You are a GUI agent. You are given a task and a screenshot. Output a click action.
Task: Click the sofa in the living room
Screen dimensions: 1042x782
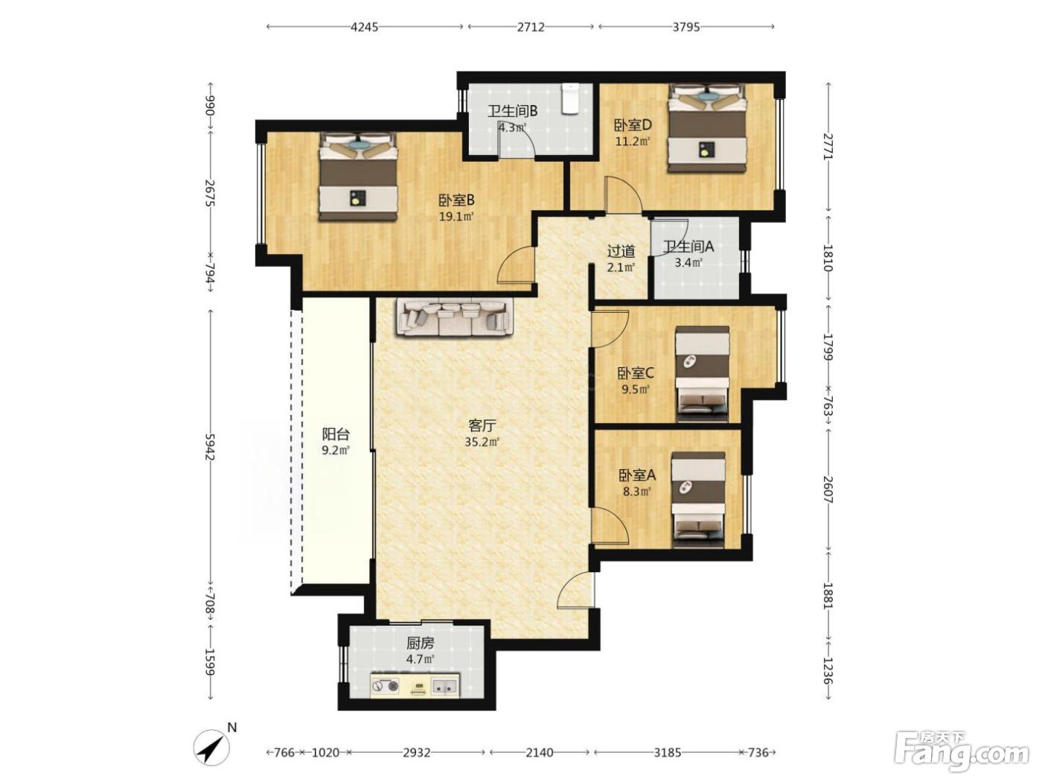tap(456, 317)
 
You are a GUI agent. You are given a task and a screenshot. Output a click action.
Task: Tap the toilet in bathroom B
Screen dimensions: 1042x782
tap(569, 99)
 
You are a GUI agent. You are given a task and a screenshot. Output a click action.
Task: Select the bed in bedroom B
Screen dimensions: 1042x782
tap(357, 177)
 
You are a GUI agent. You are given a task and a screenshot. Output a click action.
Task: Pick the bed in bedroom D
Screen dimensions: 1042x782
tap(706, 127)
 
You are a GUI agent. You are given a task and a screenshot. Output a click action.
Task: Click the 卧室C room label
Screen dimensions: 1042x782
tap(635, 373)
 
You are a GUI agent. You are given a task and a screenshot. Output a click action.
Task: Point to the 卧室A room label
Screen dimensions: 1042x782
tap(636, 475)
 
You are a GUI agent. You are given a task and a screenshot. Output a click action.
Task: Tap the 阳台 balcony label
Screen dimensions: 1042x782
tap(336, 434)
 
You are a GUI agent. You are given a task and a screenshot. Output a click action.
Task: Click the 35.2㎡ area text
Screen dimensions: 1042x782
tap(482, 442)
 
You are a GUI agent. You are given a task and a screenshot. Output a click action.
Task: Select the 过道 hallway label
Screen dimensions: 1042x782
tap(621, 251)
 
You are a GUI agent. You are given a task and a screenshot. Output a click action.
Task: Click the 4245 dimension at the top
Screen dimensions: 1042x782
tap(364, 27)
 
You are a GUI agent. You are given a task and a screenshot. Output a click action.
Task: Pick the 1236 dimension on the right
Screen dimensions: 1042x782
tap(828, 670)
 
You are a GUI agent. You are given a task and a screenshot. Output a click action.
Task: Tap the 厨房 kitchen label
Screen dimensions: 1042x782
tap(420, 643)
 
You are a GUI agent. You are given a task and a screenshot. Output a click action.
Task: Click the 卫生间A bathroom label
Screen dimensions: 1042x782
tap(688, 247)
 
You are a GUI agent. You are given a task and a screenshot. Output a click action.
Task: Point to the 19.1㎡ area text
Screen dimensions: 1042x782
tap(456, 217)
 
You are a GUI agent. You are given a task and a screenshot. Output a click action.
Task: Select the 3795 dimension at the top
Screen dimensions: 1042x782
tap(686, 27)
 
